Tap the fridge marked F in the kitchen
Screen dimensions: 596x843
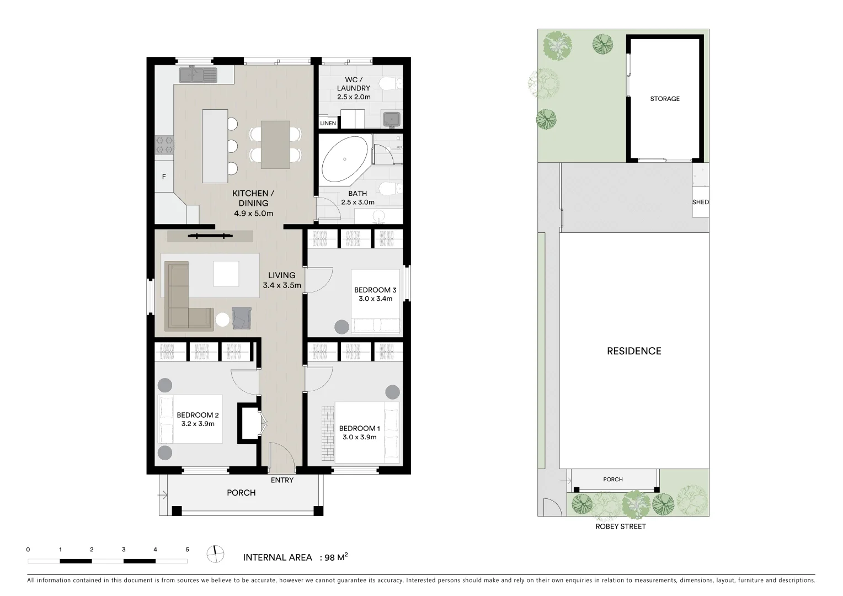[164, 177]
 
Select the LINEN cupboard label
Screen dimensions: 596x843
[328, 123]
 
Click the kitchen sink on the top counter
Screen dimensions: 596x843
[198, 74]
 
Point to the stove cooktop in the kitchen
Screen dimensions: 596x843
[164, 145]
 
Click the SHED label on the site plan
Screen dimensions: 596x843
[700, 202]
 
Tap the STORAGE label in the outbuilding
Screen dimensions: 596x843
[665, 99]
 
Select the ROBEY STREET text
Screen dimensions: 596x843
[620, 526]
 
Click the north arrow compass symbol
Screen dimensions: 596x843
[216, 554]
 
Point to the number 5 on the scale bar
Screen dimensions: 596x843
[188, 550]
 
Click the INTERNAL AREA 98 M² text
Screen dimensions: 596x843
[295, 557]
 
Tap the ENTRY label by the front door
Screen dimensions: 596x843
[282, 480]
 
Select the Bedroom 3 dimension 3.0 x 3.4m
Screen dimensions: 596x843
[375, 299]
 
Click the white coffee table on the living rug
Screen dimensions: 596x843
[226, 274]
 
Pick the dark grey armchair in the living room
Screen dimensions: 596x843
[242, 318]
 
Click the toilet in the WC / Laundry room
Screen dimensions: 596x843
[392, 84]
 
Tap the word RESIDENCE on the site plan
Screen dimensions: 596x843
[634, 351]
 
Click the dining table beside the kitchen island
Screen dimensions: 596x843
[275, 145]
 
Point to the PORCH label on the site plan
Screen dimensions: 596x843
[613, 480]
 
